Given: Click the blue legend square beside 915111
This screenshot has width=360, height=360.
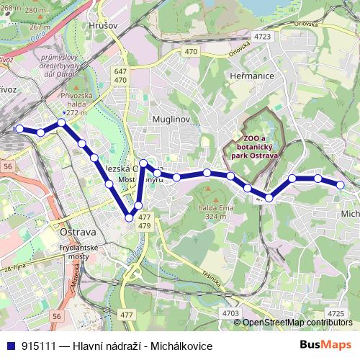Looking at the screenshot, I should pos(12,346).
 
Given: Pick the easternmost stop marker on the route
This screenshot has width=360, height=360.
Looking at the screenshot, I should pos(341,185).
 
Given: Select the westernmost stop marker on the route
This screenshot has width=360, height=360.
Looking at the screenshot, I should pos(19,129).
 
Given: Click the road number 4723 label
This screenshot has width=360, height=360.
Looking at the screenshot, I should pos(263,35).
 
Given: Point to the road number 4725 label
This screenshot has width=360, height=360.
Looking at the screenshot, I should pos(335,312).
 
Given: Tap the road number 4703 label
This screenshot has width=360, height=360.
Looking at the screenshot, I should pos(231,313).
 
